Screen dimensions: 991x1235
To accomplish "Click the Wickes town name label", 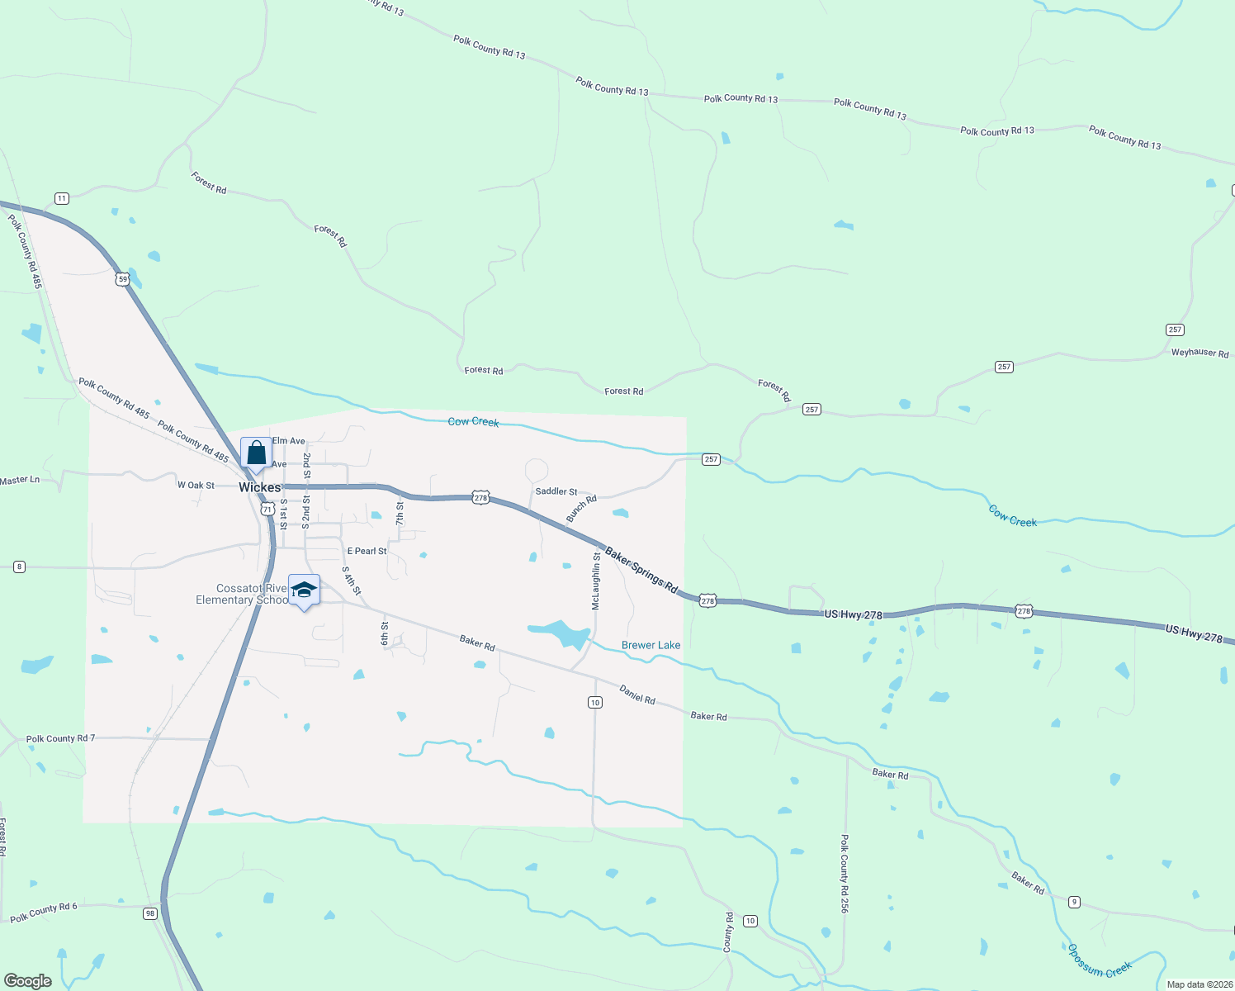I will coord(259,487).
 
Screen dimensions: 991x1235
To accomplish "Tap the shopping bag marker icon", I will coord(256,453).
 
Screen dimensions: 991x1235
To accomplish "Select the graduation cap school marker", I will coord(304,590).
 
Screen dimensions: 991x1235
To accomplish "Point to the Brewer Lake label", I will coord(651,645).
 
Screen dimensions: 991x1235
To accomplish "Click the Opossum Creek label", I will coord(1099,960).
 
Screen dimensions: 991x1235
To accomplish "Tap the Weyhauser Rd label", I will coord(1200,353).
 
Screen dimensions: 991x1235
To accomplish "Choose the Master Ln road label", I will coord(20,480).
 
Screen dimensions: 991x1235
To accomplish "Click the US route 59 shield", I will coord(122,279).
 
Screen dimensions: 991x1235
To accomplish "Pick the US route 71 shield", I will coord(267,510).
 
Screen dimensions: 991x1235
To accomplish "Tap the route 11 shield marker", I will coord(62,198).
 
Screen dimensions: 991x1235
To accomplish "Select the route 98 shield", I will coord(149,913).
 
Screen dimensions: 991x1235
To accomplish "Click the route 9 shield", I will coord(1074,902).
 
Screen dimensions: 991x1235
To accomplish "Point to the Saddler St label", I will coord(556,491).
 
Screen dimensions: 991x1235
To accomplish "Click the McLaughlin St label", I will coord(596,582).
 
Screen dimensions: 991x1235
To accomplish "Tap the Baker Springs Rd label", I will coord(641,570).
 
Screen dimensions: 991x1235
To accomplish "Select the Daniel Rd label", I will coord(637,695).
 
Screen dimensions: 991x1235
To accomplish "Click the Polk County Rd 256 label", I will coord(845,873).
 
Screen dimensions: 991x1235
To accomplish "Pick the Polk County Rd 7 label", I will coord(60,738).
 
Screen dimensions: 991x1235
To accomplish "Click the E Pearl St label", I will coord(367,551).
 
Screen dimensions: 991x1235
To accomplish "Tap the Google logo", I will coord(28,981).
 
